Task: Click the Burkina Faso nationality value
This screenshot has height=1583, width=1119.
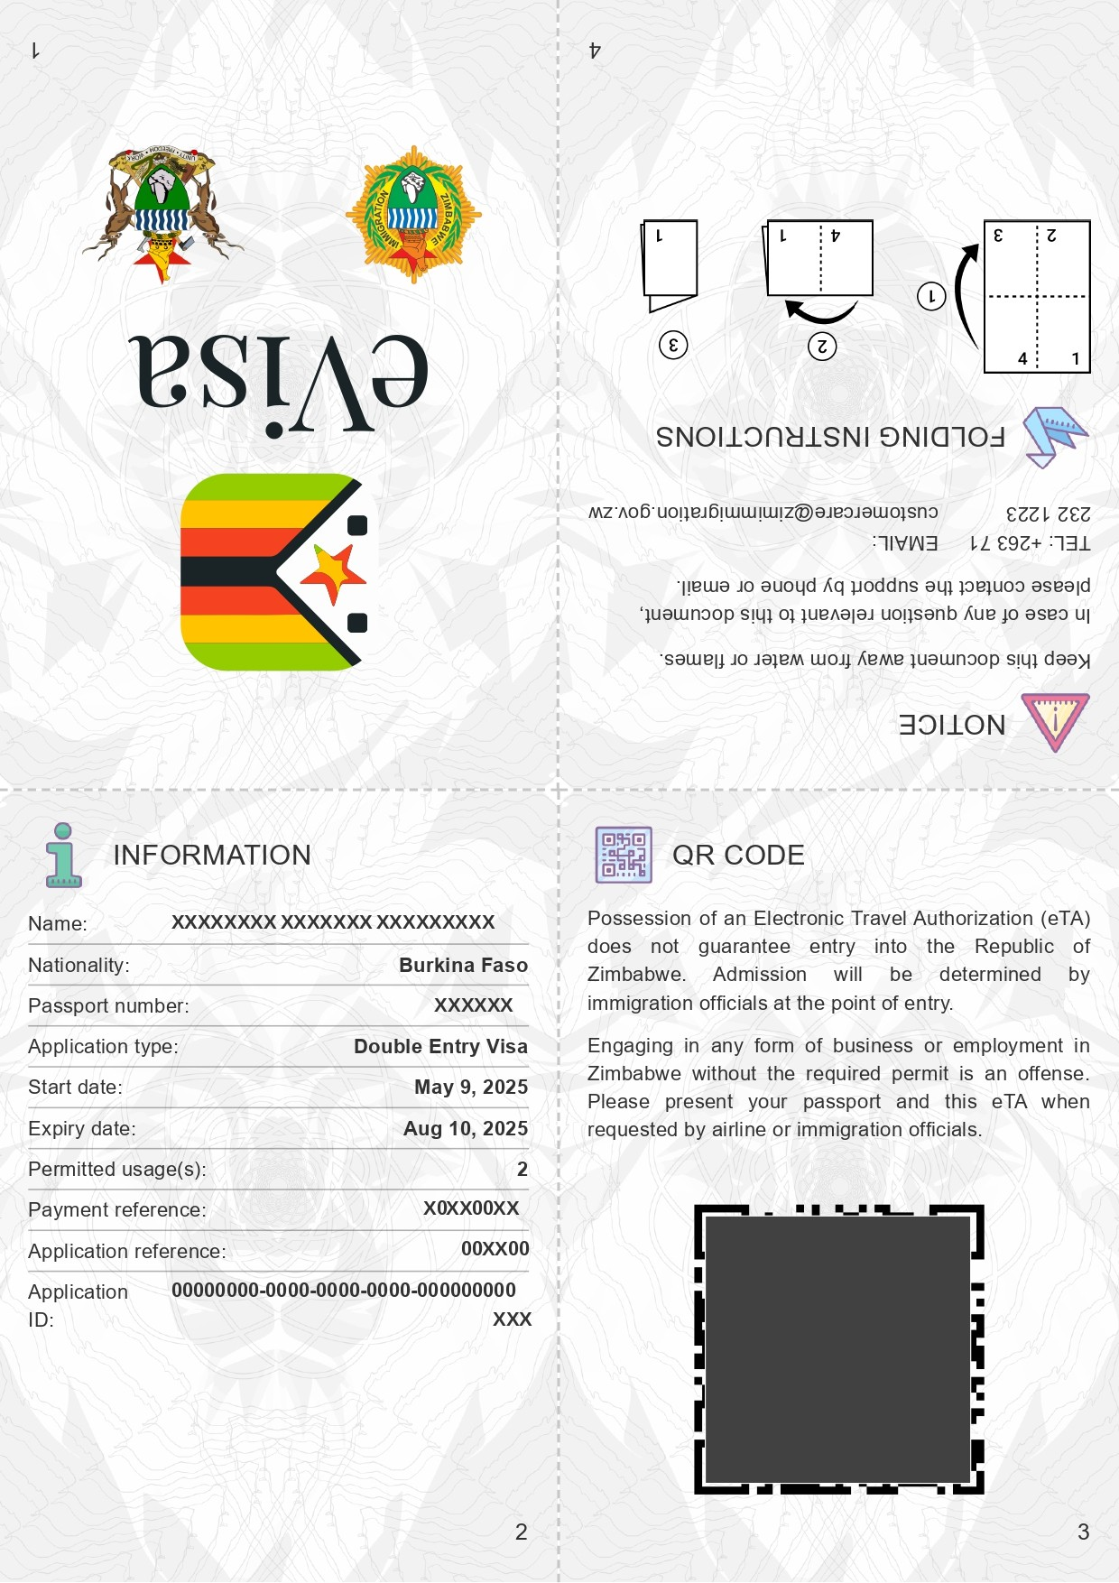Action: tap(463, 965)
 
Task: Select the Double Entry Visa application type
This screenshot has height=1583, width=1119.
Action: tap(440, 1046)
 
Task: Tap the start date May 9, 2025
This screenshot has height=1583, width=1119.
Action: tap(470, 1087)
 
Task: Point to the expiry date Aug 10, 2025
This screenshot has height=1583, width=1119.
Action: tap(465, 1128)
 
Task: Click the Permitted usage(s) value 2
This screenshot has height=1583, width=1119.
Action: tap(522, 1169)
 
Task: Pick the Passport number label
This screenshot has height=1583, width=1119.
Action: tap(108, 1005)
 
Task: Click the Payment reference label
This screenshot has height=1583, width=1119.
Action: tap(116, 1209)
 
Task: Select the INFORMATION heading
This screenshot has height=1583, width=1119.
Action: tap(212, 855)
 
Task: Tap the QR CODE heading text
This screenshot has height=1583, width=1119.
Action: tap(738, 855)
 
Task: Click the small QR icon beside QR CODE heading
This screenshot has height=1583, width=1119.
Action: tap(624, 855)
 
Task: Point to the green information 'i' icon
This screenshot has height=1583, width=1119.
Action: tap(63, 855)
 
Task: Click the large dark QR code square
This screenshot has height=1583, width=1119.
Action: tap(838, 1349)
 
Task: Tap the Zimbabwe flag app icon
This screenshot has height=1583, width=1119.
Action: tap(274, 571)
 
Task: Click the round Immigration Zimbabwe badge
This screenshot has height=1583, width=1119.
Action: tap(413, 215)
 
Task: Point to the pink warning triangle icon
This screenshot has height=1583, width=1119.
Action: tap(1054, 720)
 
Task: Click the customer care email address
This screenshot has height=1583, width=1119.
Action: tap(763, 513)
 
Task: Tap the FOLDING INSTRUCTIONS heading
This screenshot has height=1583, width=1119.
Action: tap(830, 437)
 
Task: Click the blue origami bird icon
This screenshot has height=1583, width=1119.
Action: tap(1053, 436)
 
